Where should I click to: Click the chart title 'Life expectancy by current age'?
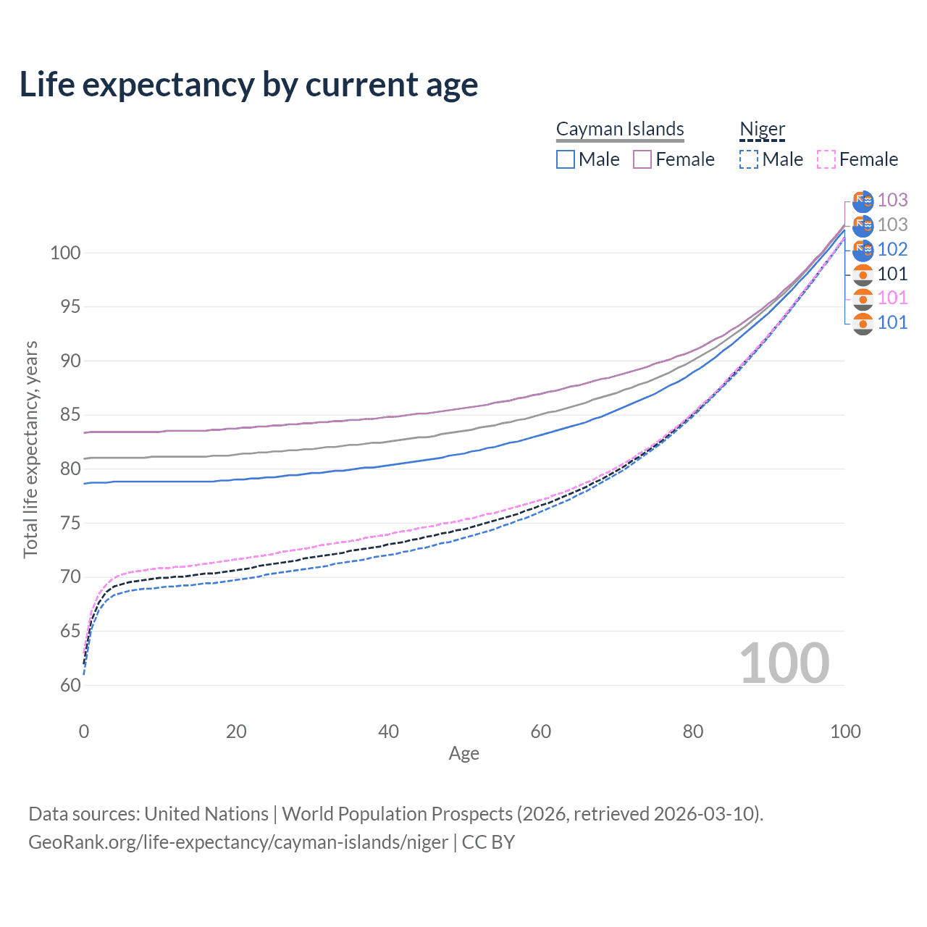click(248, 85)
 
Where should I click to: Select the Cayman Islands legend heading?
click(620, 129)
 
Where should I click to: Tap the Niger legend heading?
click(762, 129)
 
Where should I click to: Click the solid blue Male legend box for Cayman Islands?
click(566, 159)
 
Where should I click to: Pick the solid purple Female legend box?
click(642, 159)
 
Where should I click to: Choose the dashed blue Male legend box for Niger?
click(749, 159)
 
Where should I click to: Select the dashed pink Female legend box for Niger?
click(826, 159)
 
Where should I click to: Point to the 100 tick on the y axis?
click(64, 253)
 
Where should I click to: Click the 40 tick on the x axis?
click(388, 731)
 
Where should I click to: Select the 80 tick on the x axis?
click(693, 731)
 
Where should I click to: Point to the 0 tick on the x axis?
click(84, 731)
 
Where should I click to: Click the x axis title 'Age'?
click(463, 754)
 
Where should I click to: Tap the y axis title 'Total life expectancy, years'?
click(30, 450)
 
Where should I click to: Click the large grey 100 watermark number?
click(784, 663)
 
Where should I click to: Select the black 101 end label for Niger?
click(892, 274)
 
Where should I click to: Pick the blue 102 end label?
click(892, 249)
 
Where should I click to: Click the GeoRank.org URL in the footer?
click(238, 842)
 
